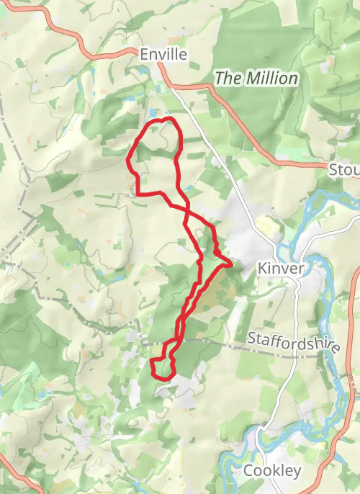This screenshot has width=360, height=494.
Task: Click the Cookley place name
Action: point(272,470)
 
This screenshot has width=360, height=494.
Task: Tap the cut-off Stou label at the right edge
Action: point(344,171)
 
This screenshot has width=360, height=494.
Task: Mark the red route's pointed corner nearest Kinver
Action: point(231,264)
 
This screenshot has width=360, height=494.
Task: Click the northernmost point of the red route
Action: point(168,118)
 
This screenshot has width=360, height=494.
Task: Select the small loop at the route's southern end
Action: point(163,367)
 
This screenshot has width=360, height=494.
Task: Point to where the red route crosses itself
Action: point(186,210)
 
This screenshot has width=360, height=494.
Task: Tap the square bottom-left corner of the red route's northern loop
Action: point(138,194)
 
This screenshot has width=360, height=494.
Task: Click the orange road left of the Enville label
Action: point(94,51)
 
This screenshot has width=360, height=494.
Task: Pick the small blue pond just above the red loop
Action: point(153,112)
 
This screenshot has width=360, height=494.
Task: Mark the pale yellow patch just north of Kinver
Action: point(268,229)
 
